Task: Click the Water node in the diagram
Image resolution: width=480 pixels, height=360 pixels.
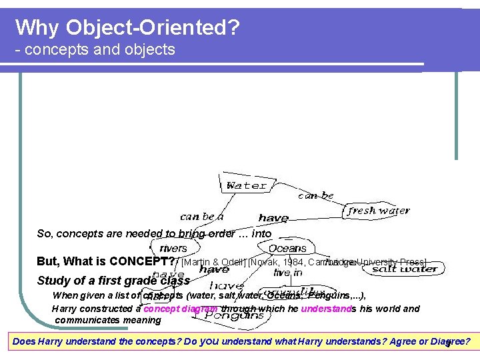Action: click(246, 185)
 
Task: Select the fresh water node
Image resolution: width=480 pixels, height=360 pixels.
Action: click(379, 211)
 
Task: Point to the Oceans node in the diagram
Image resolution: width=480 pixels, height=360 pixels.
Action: click(287, 248)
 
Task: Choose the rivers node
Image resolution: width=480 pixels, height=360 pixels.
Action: click(173, 248)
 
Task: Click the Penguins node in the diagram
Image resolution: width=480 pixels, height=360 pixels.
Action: click(233, 315)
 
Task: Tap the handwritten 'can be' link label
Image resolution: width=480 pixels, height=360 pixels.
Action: click(316, 195)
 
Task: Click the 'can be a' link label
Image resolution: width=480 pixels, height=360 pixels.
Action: click(201, 217)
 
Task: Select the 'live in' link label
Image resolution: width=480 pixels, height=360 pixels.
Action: click(288, 273)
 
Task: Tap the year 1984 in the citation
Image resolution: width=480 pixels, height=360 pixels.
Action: click(293, 262)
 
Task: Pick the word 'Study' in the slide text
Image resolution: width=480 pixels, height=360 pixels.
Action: click(53, 281)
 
